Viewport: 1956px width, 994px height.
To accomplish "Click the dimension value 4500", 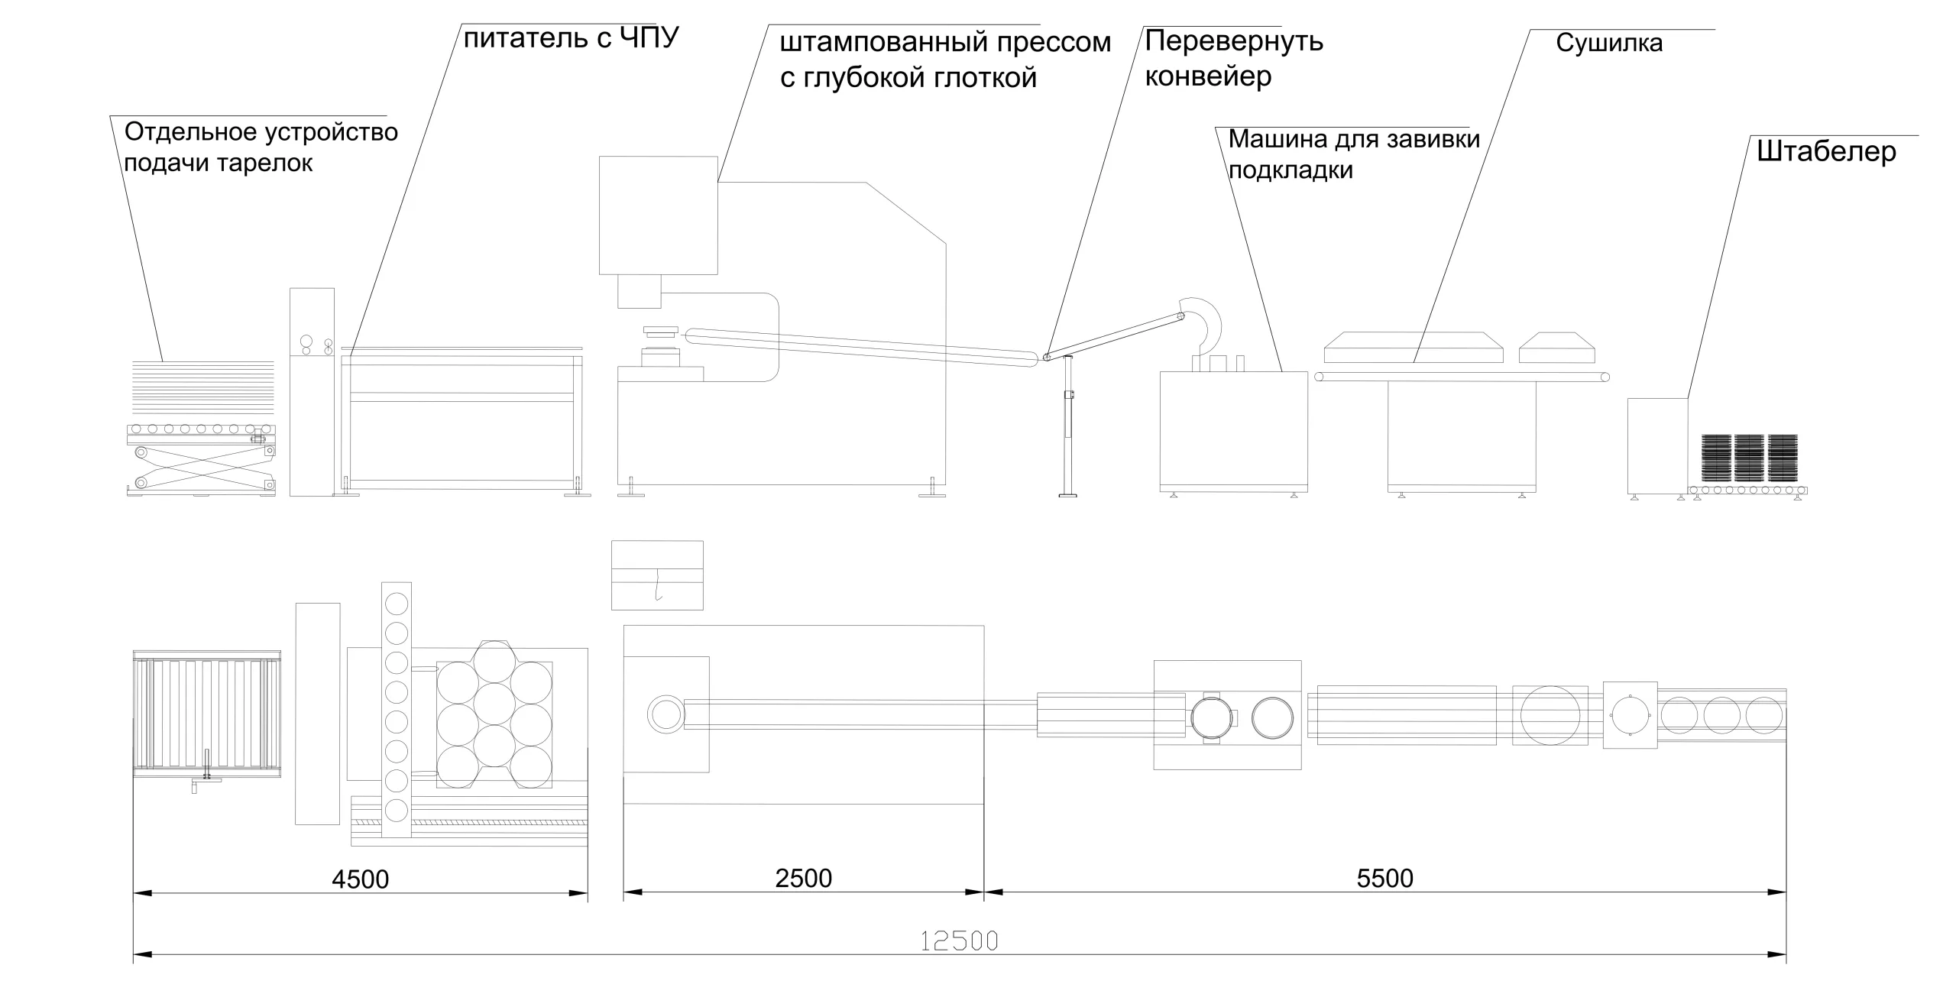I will (360, 879).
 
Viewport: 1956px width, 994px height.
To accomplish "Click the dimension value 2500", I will (803, 879).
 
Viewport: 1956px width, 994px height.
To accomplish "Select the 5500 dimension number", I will (1384, 879).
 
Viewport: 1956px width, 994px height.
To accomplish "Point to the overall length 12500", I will (959, 941).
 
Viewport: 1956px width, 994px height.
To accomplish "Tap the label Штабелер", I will (1826, 152).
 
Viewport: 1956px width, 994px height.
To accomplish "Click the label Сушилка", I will (1608, 44).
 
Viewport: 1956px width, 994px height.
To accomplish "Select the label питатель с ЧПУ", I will (571, 38).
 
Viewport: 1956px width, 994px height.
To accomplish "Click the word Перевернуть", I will (1233, 41).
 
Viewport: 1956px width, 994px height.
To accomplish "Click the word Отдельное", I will (190, 132).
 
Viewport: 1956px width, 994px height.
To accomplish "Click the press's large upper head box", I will (658, 215).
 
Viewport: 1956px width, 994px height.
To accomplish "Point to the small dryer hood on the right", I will (1556, 348).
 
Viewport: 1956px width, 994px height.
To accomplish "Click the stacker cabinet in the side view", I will (1657, 445).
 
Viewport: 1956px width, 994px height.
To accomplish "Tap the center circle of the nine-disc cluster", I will (494, 703).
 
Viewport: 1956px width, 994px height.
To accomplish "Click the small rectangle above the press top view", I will (657, 575).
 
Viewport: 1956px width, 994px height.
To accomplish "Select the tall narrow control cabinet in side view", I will (312, 392).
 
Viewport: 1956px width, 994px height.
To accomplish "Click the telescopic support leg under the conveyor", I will (1068, 428).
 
